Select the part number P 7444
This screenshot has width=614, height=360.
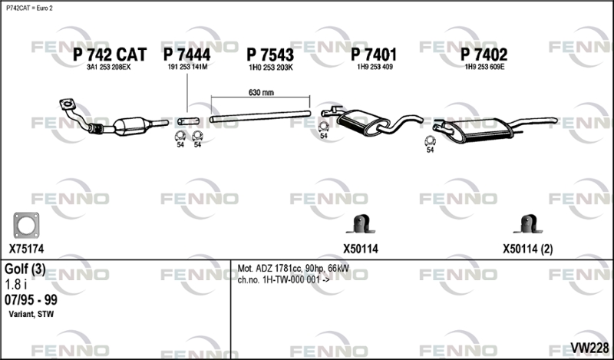tap(187, 54)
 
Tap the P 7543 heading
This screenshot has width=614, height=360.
tap(270, 54)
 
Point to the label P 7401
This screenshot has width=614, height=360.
tap(374, 54)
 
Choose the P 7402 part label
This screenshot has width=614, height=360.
tap(484, 54)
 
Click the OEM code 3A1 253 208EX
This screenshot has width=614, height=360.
tap(108, 68)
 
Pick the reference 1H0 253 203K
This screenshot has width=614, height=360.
tap(270, 68)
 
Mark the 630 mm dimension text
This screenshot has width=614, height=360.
tap(261, 92)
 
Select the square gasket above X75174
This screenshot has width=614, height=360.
tap(26, 226)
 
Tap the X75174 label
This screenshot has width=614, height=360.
tap(27, 249)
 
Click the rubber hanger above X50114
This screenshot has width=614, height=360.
tap(359, 225)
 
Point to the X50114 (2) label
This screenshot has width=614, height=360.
tap(527, 249)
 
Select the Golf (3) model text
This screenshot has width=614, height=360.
tap(25, 269)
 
